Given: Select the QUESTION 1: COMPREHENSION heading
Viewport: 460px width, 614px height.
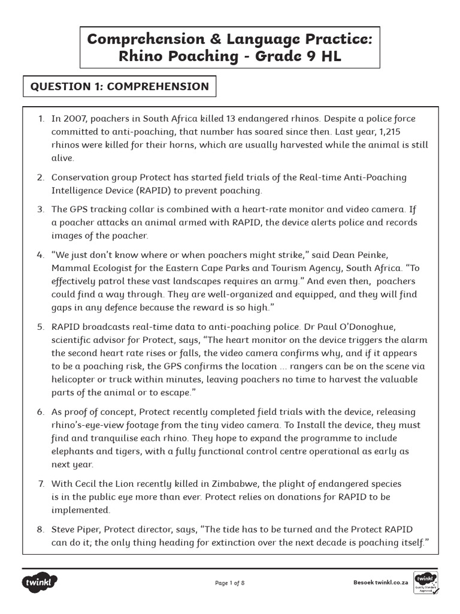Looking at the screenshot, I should (120, 86).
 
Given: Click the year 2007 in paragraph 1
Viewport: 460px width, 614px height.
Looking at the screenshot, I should (75, 119).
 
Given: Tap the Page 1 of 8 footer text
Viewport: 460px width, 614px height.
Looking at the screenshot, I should (230, 583).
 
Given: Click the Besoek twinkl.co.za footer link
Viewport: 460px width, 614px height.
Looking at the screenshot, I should (380, 582).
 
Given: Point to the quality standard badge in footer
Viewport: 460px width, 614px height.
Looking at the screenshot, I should (425, 582).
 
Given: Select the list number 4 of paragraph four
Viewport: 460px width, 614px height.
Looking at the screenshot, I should (40, 255).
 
